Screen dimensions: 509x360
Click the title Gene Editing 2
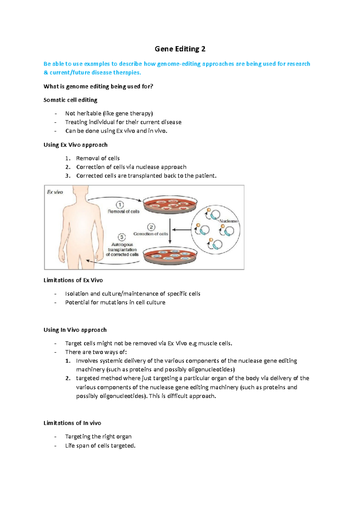click(180, 49)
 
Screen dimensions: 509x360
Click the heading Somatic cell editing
click(70, 100)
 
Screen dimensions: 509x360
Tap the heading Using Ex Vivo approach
click(75, 145)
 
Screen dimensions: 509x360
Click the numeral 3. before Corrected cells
click(68, 176)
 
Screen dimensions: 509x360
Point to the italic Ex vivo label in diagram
click(55, 192)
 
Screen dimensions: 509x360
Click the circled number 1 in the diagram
click(120, 205)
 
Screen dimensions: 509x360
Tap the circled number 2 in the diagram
click(151, 227)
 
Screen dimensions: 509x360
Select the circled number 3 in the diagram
click(121, 237)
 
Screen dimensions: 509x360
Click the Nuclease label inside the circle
click(228, 221)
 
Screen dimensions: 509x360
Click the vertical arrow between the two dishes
click(170, 231)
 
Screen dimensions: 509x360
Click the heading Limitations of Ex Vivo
click(73, 280)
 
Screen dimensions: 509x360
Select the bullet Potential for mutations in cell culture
click(115, 302)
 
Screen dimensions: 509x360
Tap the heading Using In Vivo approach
click(75, 330)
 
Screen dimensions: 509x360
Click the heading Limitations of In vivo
click(72, 423)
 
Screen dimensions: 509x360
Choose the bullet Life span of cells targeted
click(100, 446)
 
